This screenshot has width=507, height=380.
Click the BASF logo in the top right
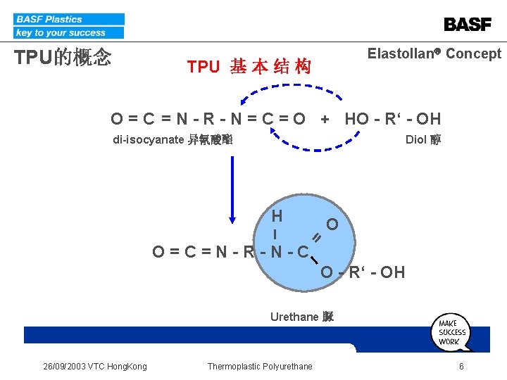[468, 25]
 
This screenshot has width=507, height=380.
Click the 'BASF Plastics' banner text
[49, 19]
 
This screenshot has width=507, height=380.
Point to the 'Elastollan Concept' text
[434, 53]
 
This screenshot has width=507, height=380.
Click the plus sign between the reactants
[325, 119]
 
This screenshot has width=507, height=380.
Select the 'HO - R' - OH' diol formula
[392, 119]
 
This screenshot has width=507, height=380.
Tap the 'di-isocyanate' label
[173, 139]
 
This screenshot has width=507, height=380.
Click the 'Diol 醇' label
[423, 139]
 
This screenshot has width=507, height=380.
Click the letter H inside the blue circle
[277, 216]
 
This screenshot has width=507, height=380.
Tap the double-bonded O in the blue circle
[332, 224]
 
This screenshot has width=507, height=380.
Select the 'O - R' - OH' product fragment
[363, 272]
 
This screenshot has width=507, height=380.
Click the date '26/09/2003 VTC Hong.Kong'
[95, 366]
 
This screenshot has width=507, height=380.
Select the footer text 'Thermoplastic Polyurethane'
[260, 366]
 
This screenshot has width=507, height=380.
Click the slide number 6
[461, 366]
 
